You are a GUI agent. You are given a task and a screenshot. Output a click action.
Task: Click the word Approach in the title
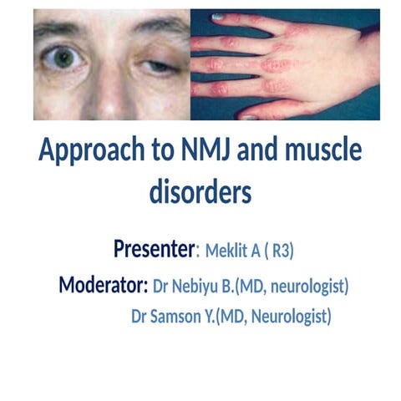click(x=89, y=152)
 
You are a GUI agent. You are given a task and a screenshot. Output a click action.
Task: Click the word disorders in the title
click(x=200, y=191)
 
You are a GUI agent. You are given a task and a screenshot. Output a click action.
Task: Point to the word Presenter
click(x=155, y=248)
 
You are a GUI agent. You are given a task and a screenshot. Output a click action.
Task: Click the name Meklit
click(x=227, y=250)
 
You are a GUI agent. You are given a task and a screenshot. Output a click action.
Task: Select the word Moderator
click(x=104, y=286)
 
